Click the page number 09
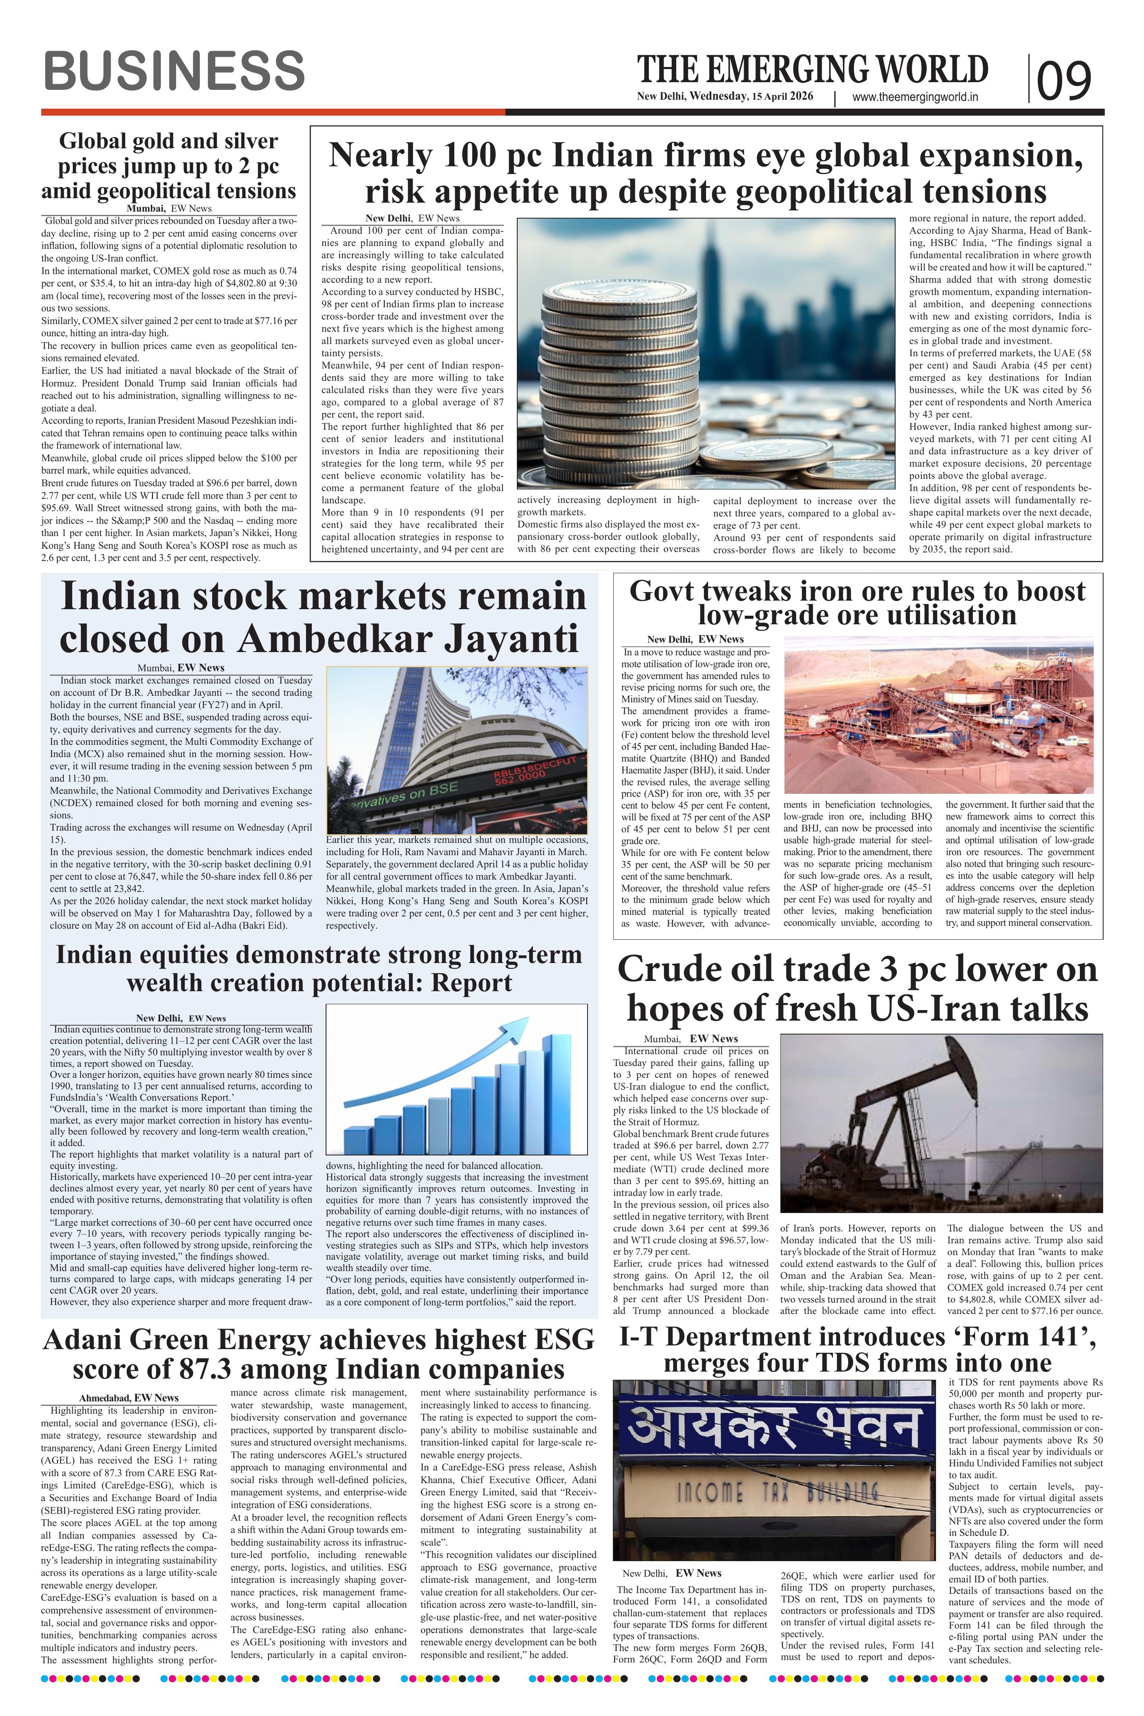[1064, 80]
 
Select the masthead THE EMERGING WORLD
[812, 70]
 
